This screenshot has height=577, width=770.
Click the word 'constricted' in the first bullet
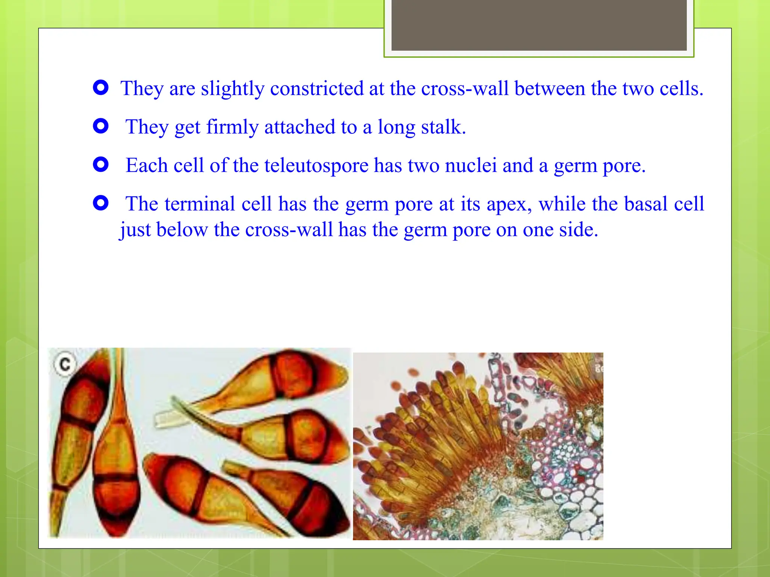point(317,89)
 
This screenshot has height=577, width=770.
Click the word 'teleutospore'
point(316,166)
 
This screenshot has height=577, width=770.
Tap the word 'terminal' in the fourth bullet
point(199,204)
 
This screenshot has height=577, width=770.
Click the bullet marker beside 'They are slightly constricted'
point(101,88)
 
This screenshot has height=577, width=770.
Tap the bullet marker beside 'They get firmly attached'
point(101,126)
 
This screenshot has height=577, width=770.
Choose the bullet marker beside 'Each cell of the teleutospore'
point(101,165)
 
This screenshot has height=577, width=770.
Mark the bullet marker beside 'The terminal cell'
point(101,203)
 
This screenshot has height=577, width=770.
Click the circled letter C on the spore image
point(65,364)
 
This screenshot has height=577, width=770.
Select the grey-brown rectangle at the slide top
point(539,25)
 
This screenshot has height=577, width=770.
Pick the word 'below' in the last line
point(182,230)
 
